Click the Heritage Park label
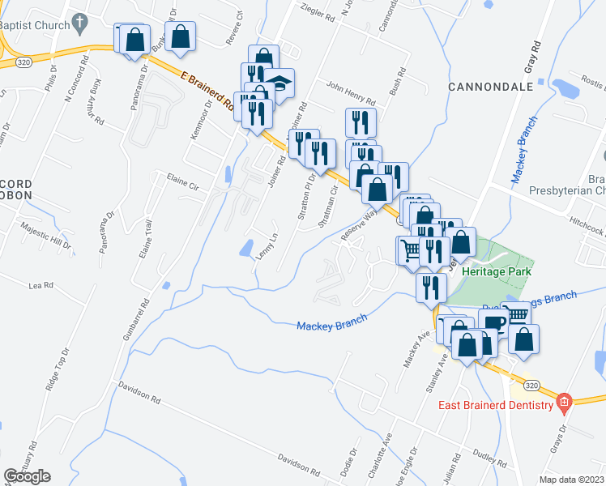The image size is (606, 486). point(490,271)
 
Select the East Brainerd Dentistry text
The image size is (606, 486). point(495,405)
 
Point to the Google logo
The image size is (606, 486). point(26,476)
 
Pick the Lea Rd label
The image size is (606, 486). point(41,286)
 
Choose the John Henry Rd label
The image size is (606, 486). point(351,93)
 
